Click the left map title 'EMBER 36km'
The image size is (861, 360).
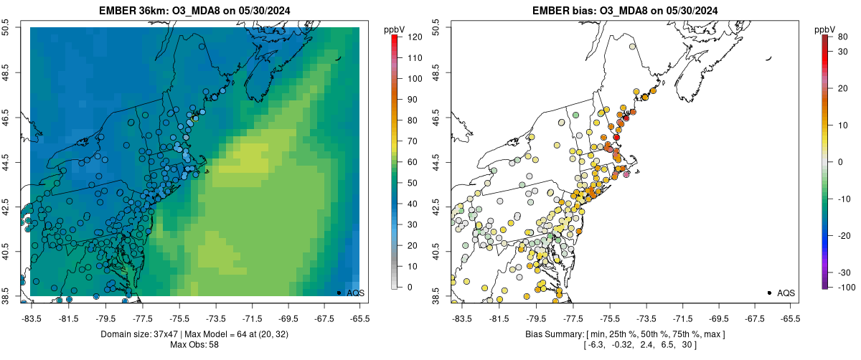pos(136,9)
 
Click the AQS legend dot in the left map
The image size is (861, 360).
pos(338,293)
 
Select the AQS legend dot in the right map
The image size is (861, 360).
pos(768,293)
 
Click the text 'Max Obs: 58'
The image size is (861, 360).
pos(194,344)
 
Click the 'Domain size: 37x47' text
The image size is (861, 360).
pos(143,334)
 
